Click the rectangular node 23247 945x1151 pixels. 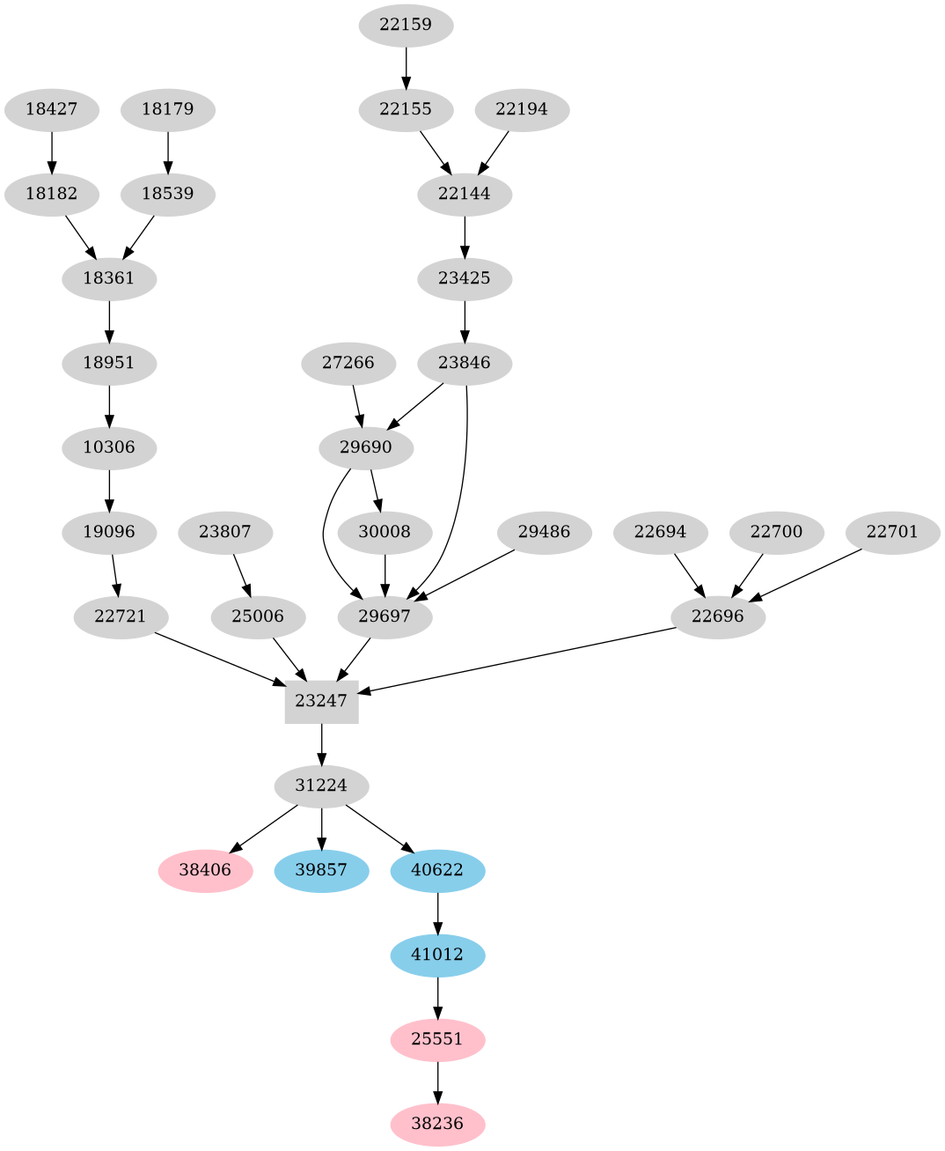(x=321, y=701)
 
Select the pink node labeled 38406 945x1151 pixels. (x=205, y=870)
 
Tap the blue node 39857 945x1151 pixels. (x=321, y=870)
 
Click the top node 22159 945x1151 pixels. (x=406, y=25)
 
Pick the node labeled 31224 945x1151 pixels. (x=321, y=786)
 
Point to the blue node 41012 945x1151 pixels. (x=437, y=955)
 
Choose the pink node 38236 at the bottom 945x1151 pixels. (x=437, y=1124)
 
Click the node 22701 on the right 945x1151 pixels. (x=892, y=532)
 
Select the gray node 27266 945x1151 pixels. (x=348, y=363)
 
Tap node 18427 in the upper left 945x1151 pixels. (x=51, y=110)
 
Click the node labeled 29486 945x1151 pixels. (x=544, y=532)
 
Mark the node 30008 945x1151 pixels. (x=385, y=532)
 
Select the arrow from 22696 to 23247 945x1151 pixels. (x=519, y=660)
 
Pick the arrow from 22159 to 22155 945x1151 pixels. (x=406, y=67)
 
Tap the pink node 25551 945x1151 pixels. (x=437, y=1039)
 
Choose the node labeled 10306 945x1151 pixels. (x=109, y=447)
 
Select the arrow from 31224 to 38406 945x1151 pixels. (x=265, y=828)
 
